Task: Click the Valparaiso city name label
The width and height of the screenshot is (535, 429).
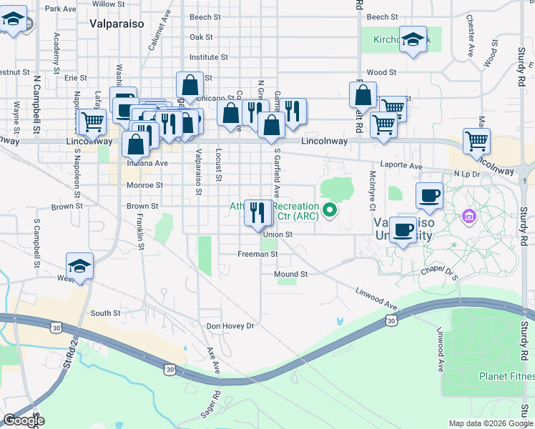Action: (x=117, y=24)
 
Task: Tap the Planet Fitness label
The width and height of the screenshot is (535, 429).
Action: (x=506, y=377)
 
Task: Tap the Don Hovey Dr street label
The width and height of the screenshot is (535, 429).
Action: (x=230, y=326)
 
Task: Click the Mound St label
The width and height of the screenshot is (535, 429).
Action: (x=290, y=274)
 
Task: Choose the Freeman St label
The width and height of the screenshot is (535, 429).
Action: (x=257, y=254)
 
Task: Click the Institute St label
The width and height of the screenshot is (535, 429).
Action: (x=208, y=56)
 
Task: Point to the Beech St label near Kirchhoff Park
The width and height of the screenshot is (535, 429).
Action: (x=382, y=16)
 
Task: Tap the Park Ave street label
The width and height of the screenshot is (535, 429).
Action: (x=60, y=9)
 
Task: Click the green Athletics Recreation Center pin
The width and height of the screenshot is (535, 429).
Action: (x=330, y=209)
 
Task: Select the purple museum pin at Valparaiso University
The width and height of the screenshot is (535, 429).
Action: (x=469, y=216)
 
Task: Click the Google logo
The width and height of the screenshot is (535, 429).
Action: (x=23, y=420)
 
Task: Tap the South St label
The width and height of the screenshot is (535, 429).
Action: (x=105, y=313)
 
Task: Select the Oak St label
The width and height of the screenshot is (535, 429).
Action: (x=202, y=37)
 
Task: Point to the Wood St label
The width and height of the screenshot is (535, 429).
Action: (x=381, y=72)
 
